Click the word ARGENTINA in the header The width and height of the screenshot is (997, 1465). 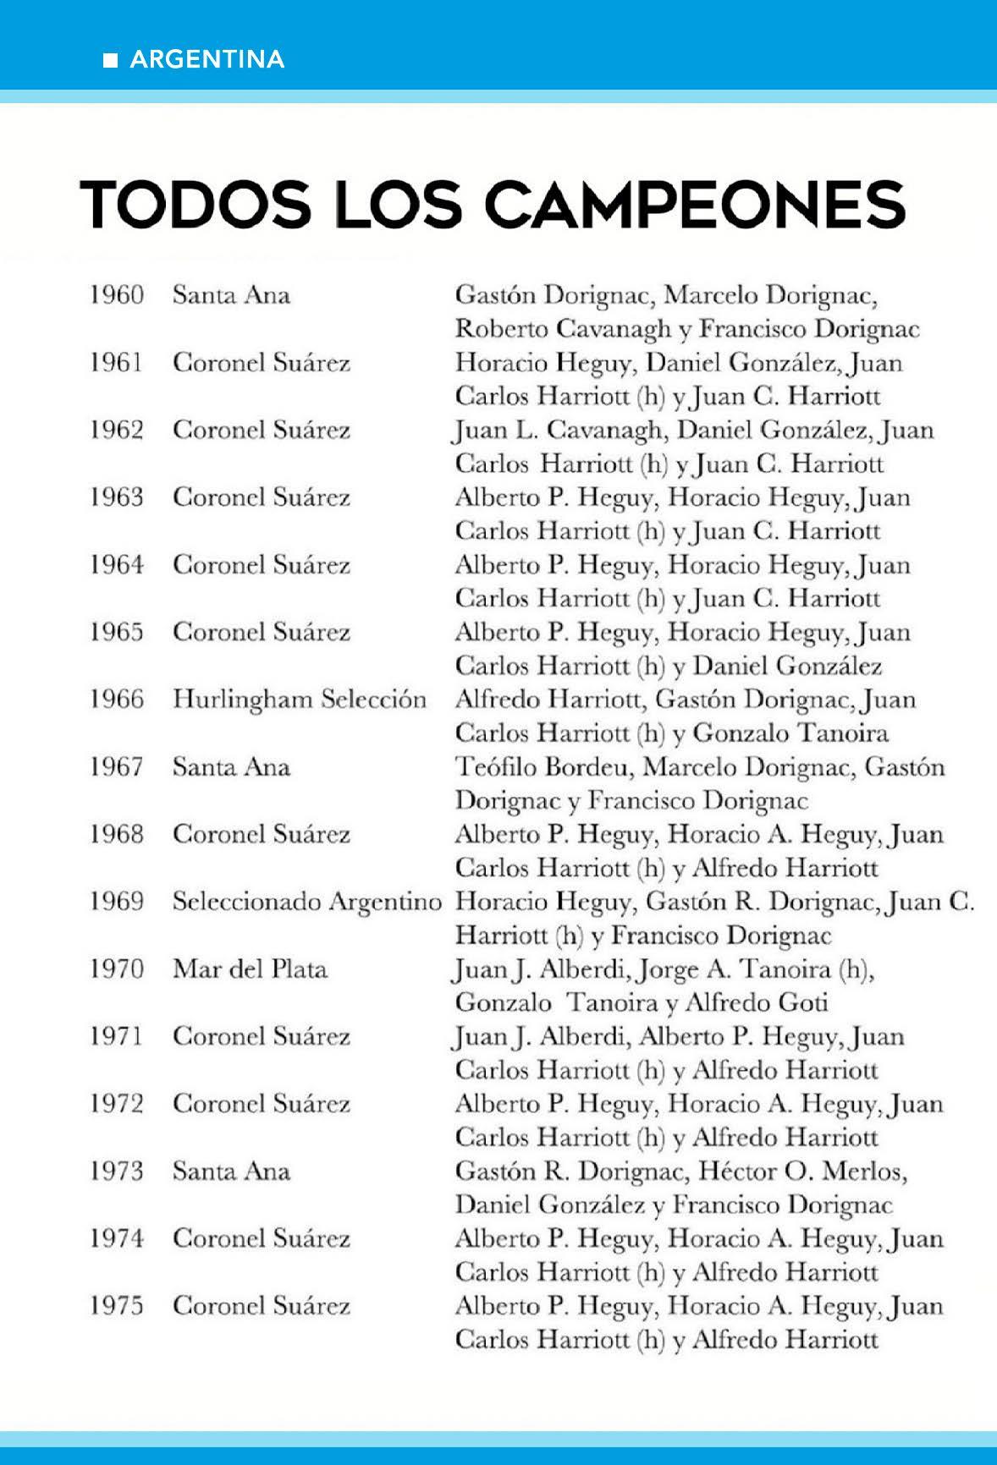point(207,59)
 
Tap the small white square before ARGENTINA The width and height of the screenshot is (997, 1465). point(110,60)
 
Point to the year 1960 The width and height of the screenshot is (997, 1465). point(117,295)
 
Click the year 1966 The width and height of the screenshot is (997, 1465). point(117,700)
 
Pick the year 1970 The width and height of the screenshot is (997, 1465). point(117,969)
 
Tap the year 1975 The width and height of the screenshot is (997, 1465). point(117,1306)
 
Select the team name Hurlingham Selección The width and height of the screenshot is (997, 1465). point(300,700)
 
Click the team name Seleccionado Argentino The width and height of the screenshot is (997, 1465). point(306,902)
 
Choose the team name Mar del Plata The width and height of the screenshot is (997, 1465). point(250,969)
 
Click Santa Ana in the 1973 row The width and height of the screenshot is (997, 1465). point(231,1171)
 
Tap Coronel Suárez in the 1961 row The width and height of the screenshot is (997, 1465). point(262,363)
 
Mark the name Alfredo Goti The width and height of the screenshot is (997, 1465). point(756,1003)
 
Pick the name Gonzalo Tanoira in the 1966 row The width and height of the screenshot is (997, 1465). point(790,733)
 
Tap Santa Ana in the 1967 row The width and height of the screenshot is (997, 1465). point(231,767)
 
